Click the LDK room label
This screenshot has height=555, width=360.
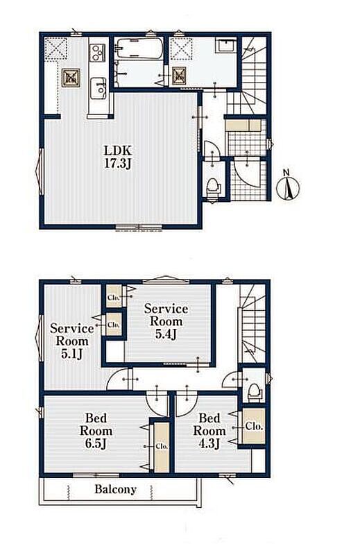coord(117,150)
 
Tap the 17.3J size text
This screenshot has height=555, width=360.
coord(117,163)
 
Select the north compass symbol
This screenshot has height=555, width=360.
coord(287,185)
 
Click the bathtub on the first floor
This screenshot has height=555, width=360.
coord(139,49)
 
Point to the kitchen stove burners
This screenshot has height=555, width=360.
coord(97,53)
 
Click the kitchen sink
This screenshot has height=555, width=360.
coord(98,88)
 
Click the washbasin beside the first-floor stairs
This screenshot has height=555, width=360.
coord(226,46)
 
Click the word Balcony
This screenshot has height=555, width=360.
coord(115,490)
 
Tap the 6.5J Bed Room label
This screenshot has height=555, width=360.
coord(96,431)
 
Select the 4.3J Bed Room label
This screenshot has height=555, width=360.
coord(209,431)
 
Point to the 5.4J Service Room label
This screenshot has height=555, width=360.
coord(166,321)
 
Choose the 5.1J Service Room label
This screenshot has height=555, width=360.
coord(72,341)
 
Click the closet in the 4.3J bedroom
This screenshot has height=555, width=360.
coord(253,426)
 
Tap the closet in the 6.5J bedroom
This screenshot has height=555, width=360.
coord(162,446)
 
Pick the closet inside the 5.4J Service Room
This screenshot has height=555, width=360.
coord(114,296)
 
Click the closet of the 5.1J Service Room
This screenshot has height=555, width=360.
coord(114,324)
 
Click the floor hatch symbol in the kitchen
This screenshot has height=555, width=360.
coord(71,78)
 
